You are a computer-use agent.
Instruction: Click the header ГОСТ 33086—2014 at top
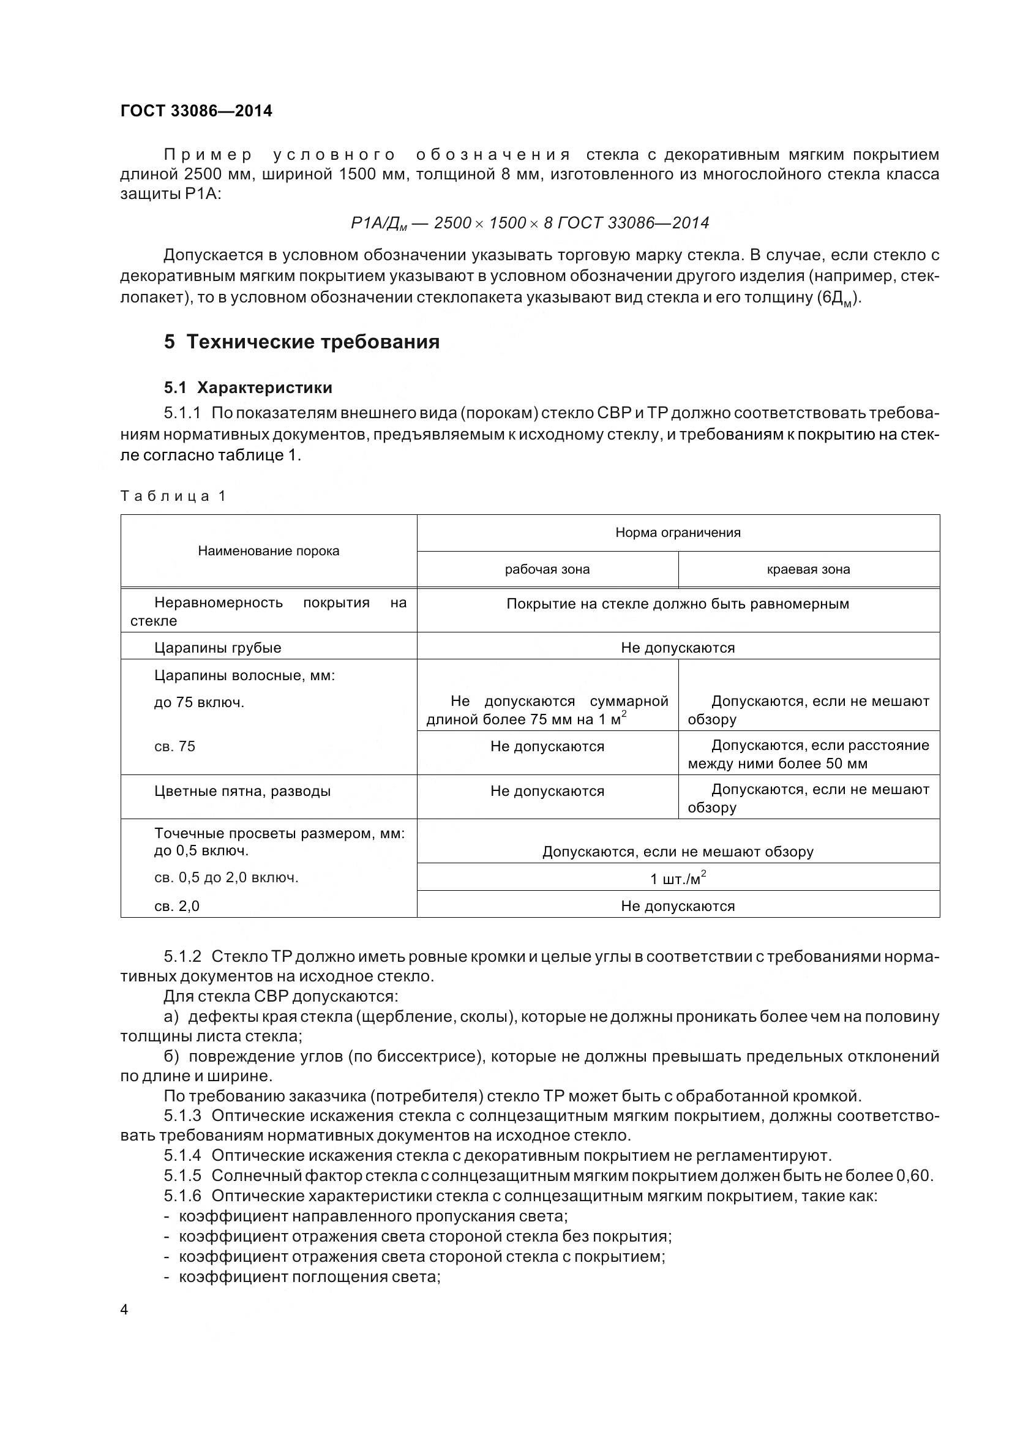click(196, 111)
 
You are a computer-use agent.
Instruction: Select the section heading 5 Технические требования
click(302, 342)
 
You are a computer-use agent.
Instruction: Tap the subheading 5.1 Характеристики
click(248, 388)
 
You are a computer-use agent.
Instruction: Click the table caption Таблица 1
click(173, 496)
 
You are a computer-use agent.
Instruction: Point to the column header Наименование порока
click(269, 551)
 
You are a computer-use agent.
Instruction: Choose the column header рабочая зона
click(547, 569)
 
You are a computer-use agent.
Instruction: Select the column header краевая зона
click(808, 569)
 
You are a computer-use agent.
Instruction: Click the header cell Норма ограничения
click(678, 533)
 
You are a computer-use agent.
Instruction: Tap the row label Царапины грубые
click(217, 647)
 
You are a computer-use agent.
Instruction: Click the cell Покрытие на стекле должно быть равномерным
click(678, 604)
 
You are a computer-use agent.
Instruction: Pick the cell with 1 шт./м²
click(678, 879)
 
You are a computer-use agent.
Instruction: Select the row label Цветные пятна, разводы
click(242, 791)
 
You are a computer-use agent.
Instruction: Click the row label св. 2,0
click(176, 906)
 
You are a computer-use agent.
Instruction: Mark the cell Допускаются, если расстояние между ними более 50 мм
click(808, 754)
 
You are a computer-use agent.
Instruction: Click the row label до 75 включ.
click(199, 702)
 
